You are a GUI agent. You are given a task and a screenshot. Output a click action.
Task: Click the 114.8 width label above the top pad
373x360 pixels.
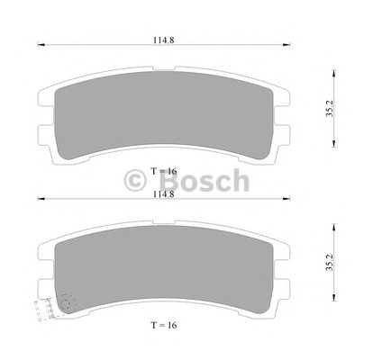(164, 40)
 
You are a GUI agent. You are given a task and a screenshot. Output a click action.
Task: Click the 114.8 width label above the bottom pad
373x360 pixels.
(164, 194)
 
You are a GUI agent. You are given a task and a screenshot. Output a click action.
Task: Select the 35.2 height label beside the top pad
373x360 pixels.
(330, 109)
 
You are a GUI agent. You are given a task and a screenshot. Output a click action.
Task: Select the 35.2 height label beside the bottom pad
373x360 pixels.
(330, 263)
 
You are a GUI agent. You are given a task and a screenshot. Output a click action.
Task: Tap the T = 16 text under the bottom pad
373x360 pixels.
(164, 325)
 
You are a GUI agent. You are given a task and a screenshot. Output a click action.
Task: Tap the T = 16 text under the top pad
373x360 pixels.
(164, 171)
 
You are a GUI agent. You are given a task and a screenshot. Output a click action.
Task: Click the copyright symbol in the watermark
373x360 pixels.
(135, 180)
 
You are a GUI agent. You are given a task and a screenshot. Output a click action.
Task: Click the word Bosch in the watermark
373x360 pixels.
(204, 180)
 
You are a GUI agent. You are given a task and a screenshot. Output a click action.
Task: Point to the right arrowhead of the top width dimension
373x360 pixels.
(287, 45)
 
